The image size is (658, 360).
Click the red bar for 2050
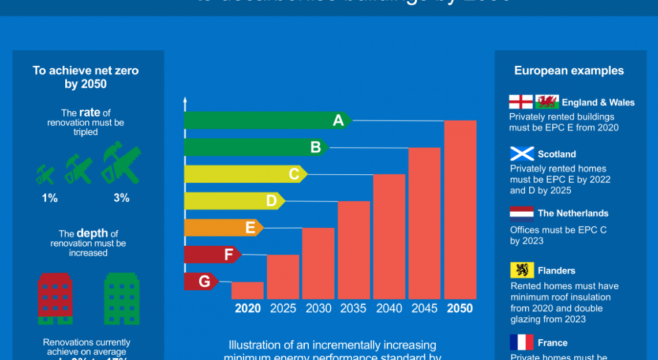tap(460, 209)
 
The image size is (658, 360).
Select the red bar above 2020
tap(248, 290)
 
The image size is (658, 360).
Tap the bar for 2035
tap(354, 250)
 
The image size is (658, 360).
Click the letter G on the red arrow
tap(204, 282)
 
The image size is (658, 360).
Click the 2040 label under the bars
tap(389, 309)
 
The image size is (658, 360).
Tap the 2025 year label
tap(283, 309)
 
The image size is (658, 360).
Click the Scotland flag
tap(522, 153)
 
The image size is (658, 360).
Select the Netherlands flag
tap(522, 214)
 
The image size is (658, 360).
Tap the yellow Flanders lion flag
tap(522, 270)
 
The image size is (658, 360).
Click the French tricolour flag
tap(522, 342)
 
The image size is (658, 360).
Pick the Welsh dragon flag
tap(547, 102)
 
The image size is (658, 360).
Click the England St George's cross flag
tap(521, 102)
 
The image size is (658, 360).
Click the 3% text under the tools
tap(121, 198)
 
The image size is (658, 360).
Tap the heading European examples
tap(569, 71)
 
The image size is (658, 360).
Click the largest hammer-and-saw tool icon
tap(121, 163)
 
